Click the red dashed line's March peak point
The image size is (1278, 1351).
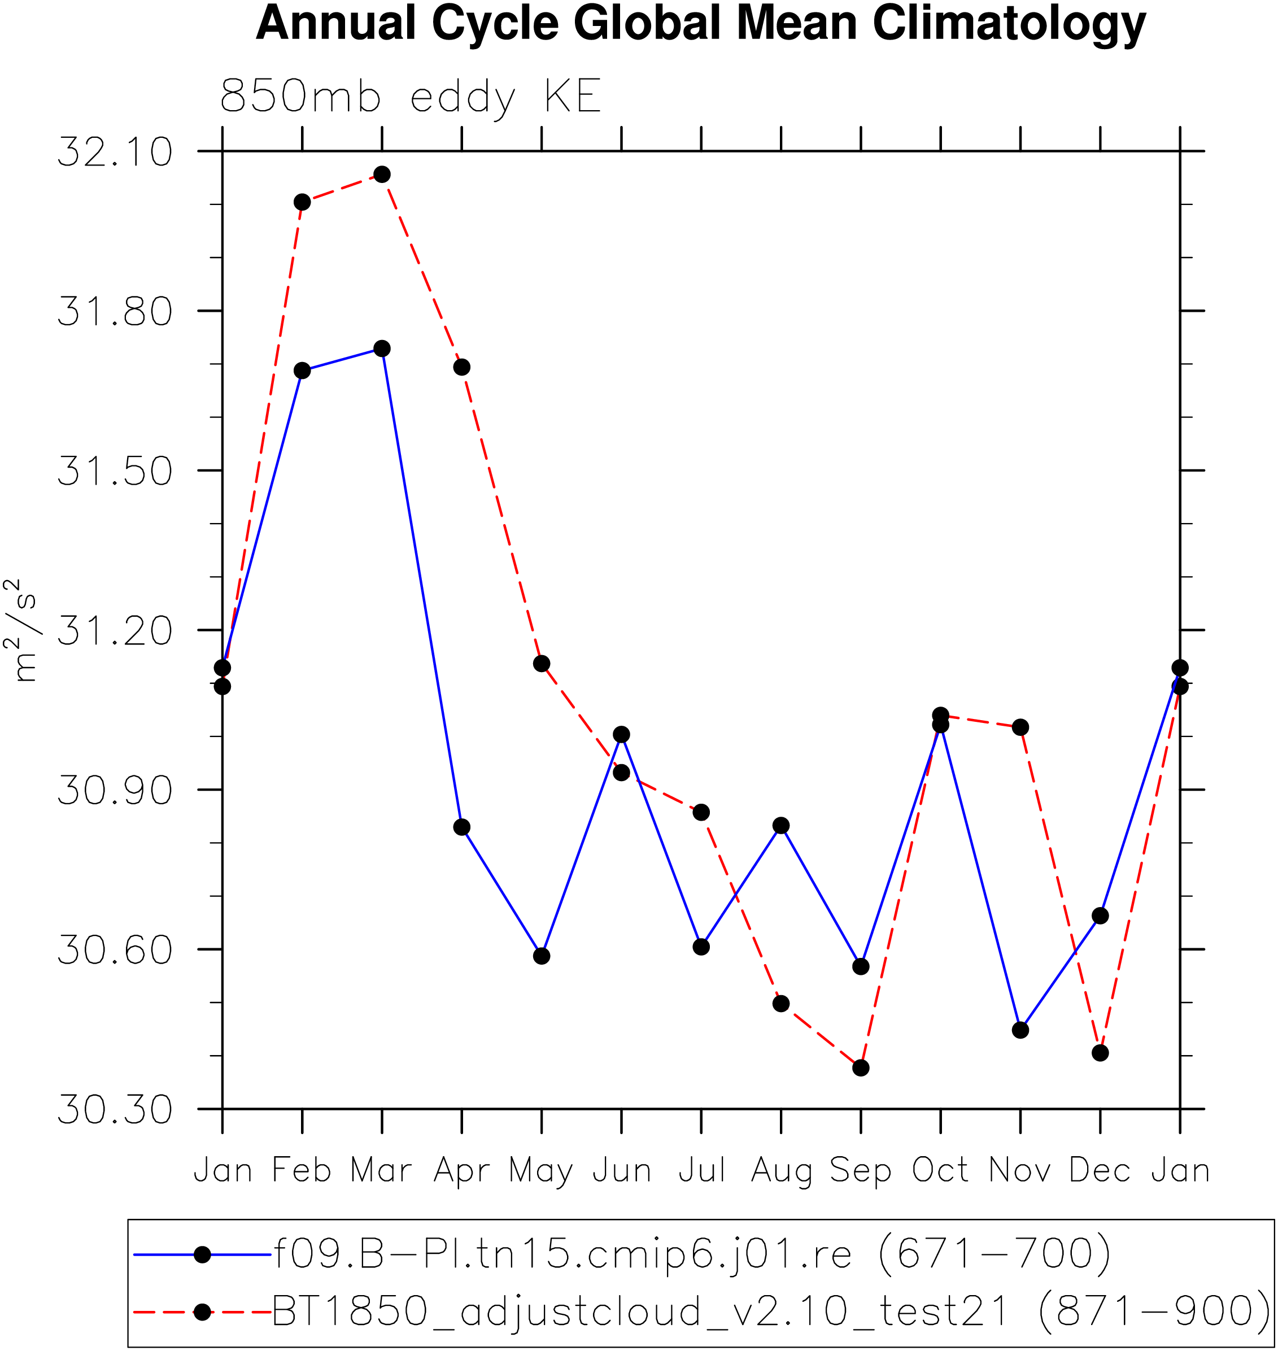pos(382,175)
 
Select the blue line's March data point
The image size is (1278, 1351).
pos(382,349)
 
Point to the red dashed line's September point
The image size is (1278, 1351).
pos(861,1067)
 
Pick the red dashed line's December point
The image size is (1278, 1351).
pos(1100,1053)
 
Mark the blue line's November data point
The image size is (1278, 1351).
pos(1020,1030)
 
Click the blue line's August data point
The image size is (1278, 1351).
pos(782,826)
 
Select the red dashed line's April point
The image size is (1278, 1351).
pos(462,367)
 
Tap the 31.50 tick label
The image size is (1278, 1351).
pos(115,471)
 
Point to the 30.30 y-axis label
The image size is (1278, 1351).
pos(115,1110)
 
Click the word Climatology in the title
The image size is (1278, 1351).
pos(1010,24)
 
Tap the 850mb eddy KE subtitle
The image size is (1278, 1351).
pos(411,97)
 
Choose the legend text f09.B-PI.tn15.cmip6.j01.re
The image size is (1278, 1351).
pos(562,1254)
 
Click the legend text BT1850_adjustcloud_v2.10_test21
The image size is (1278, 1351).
pos(640,1311)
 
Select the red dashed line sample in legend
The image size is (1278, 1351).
pos(202,1312)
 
